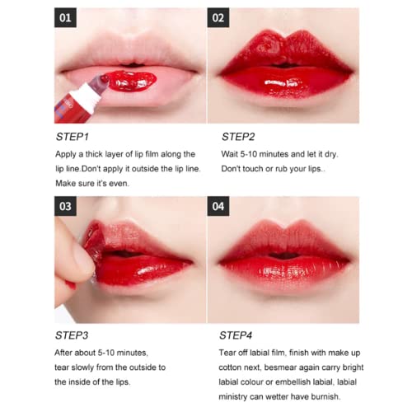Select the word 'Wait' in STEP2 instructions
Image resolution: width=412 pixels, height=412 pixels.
click(x=231, y=154)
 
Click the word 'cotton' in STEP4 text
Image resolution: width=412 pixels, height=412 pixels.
click(x=237, y=367)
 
